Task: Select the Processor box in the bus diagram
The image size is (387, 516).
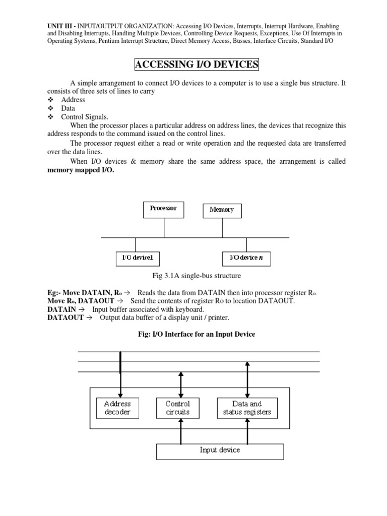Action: (164, 209)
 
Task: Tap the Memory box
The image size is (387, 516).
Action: (222, 210)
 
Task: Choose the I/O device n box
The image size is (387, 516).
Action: (246, 259)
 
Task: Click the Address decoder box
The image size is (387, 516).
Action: (117, 408)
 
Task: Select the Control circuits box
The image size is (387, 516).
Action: (178, 408)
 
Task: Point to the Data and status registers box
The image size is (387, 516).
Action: (247, 408)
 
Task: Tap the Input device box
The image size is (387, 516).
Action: (220, 450)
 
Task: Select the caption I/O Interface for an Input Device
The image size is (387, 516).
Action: (196, 335)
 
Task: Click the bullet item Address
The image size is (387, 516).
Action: (73, 99)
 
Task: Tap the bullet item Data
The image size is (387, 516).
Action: (68, 108)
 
